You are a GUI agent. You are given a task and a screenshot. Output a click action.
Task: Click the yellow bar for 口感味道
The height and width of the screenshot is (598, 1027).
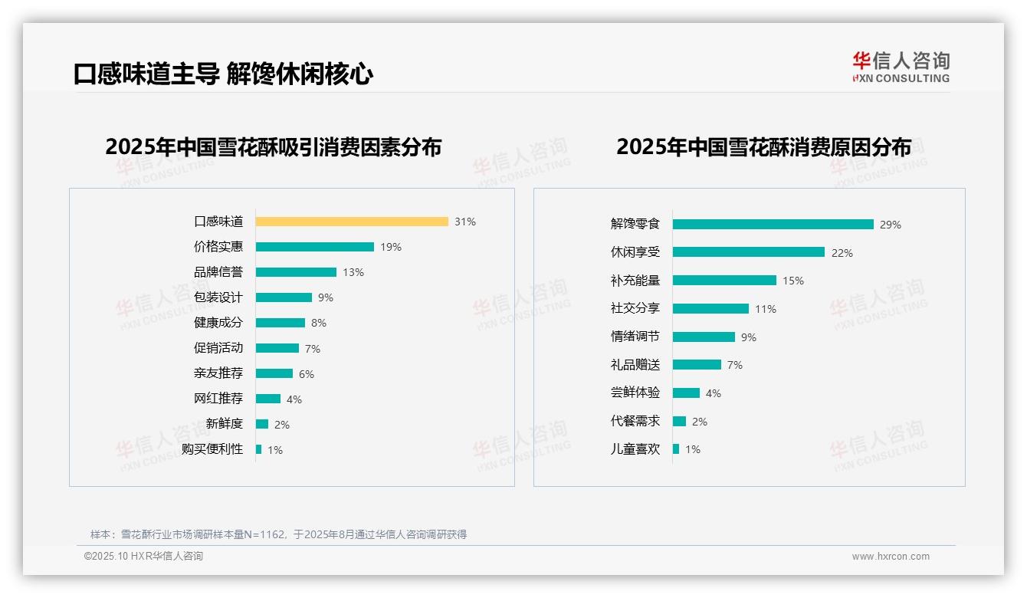point(352,222)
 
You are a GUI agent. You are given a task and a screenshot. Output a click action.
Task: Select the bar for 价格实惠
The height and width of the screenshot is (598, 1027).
point(315,247)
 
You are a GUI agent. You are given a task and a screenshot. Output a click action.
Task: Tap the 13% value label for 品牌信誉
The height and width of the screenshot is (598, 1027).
point(353,272)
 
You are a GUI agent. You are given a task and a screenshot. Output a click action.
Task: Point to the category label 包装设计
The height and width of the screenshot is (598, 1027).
point(218,297)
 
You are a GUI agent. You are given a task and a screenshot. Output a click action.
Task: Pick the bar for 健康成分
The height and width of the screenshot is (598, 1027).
point(281,323)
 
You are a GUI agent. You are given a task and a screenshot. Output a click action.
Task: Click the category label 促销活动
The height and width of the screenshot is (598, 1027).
point(218,348)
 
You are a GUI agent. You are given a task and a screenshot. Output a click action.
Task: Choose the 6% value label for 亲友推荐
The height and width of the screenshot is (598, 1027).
point(307,374)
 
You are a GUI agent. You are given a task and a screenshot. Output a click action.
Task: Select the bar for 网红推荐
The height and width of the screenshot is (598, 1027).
point(268,399)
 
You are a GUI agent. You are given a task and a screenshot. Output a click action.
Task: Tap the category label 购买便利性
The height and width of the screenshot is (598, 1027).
point(212,449)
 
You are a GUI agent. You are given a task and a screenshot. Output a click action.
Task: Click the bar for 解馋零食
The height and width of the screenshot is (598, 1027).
point(773,225)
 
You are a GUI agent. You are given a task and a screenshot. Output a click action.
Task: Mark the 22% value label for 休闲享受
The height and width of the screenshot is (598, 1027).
point(842,253)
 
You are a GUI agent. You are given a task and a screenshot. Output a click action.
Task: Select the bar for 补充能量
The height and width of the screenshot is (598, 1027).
point(724,281)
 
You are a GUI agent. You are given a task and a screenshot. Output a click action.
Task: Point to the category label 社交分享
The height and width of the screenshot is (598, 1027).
point(635,308)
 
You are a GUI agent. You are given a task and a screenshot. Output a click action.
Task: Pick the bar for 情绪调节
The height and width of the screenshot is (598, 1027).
point(704,337)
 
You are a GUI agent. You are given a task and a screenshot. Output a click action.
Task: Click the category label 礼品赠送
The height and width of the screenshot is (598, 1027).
point(635,365)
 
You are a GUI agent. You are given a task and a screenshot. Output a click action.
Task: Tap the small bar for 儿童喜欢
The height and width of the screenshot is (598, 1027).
point(676,449)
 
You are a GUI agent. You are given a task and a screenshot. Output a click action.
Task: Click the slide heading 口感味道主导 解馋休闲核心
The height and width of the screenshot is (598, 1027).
point(223,74)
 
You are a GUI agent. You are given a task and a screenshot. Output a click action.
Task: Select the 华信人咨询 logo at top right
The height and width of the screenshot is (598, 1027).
point(901,67)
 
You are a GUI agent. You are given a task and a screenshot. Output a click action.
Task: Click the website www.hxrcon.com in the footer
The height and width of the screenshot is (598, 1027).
point(891,557)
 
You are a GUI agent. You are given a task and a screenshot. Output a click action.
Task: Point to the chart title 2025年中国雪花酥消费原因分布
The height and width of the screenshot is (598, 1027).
point(763,147)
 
